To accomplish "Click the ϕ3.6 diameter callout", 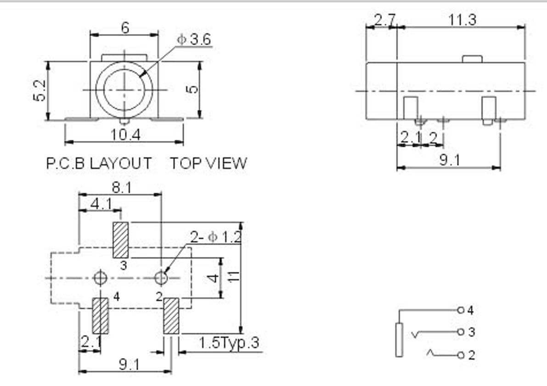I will coord(194,40).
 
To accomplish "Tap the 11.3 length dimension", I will coord(462,20).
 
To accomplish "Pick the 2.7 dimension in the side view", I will coord(380,20).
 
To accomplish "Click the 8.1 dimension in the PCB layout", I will coord(120,188).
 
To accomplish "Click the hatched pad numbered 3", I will coord(121,240).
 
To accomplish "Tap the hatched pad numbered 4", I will coord(100,316).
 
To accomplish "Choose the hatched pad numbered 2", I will coord(171,316).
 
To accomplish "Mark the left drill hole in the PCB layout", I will coord(100,278).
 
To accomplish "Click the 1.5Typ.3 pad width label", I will coord(229,343).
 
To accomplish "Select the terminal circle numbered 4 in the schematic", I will coord(460,310).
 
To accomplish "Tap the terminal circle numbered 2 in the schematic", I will coord(460,355).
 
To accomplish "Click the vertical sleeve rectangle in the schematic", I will coord(399,340).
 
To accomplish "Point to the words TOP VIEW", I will coord(209,163).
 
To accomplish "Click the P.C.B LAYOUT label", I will coord(99,163).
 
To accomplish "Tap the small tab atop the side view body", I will coord(472,59).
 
